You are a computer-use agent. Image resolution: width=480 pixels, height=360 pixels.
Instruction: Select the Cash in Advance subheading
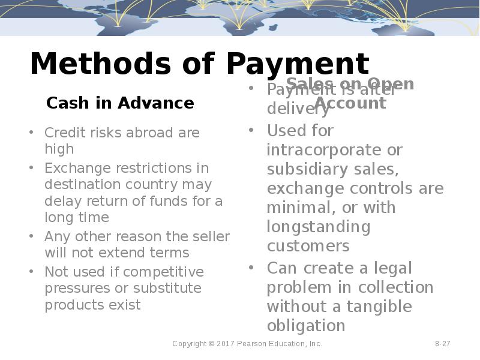(x=120, y=103)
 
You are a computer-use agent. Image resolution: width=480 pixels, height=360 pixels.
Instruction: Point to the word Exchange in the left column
(x=71, y=168)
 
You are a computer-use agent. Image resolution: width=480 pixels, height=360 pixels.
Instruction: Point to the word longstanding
(x=319, y=227)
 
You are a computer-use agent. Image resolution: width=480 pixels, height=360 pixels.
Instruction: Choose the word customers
(x=308, y=246)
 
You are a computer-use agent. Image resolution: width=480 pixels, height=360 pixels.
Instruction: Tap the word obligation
(x=306, y=325)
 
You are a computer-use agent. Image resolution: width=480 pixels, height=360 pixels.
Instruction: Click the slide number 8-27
(x=443, y=344)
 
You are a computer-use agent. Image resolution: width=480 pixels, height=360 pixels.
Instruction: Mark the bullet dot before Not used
(x=31, y=272)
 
